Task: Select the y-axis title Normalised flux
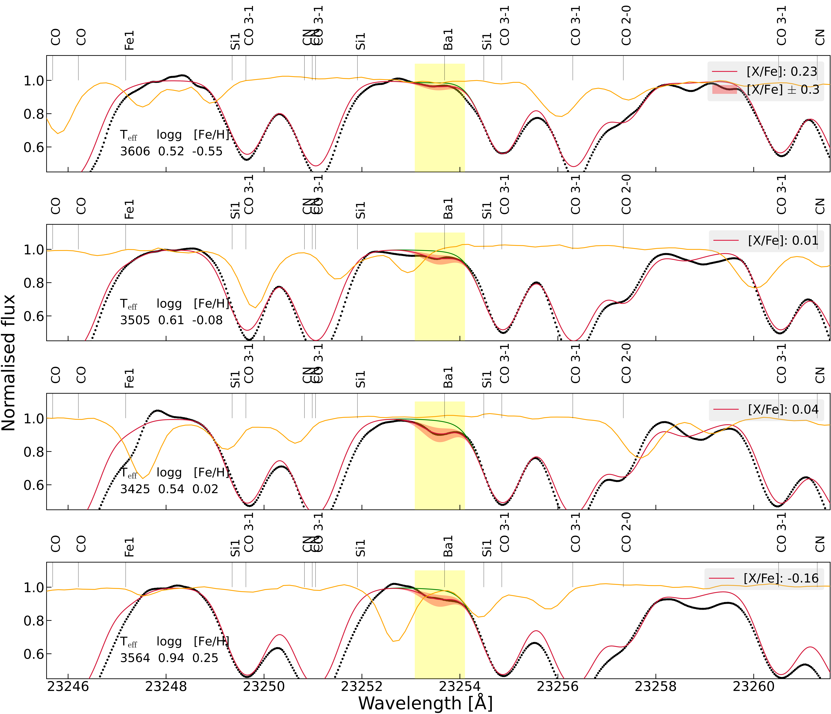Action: [x=9, y=363]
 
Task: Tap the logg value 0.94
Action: [x=171, y=658]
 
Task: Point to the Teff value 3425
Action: [x=135, y=489]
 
